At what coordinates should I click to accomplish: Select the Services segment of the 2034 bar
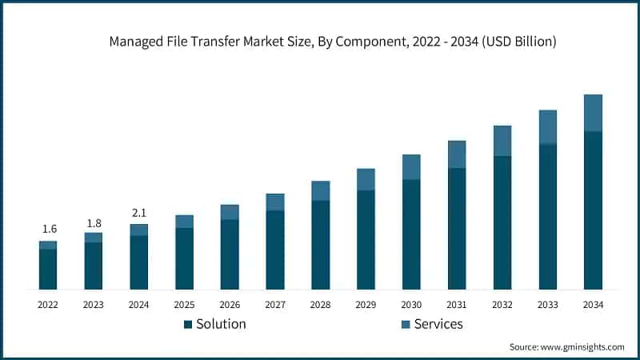593,113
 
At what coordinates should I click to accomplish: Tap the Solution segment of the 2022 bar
48,269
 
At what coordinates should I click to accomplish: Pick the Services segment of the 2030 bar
411,166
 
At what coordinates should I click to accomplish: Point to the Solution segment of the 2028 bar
320,244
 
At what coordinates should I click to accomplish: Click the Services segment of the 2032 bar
502,141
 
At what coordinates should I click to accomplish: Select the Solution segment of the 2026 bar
230,254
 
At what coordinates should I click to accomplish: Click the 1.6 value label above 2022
48,230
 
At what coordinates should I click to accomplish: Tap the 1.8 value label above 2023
94,222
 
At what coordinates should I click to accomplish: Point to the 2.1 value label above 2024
139,213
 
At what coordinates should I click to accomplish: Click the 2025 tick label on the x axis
184,305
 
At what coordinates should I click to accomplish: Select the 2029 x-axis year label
366,305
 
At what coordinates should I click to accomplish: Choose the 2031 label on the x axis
457,305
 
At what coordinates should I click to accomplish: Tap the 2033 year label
547,305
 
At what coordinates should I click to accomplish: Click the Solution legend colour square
188,325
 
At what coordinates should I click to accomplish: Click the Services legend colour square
405,325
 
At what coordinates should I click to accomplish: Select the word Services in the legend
438,324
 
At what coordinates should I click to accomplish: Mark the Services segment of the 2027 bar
275,202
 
